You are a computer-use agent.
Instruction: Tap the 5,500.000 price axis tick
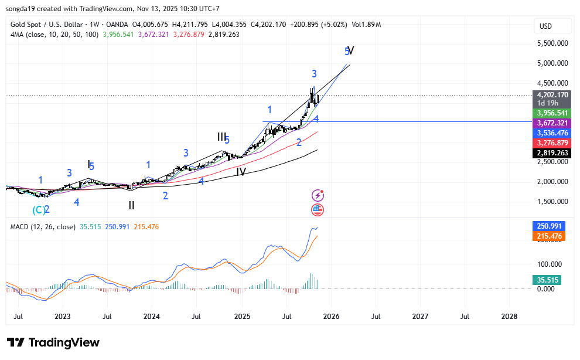pyautogui.click(x=553, y=43)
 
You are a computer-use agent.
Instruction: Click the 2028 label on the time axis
pyautogui.click(x=509, y=317)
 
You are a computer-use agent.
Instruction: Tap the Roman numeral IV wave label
pyautogui.click(x=241, y=172)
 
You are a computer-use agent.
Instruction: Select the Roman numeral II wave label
pyautogui.click(x=132, y=205)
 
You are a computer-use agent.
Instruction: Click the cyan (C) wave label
pyautogui.click(x=38, y=209)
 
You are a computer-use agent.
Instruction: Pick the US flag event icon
pyautogui.click(x=318, y=210)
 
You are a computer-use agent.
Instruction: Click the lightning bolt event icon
pyautogui.click(x=318, y=195)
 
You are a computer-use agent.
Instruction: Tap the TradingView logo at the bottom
pyautogui.click(x=53, y=342)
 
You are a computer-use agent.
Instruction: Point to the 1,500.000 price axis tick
pyautogui.click(x=553, y=202)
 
